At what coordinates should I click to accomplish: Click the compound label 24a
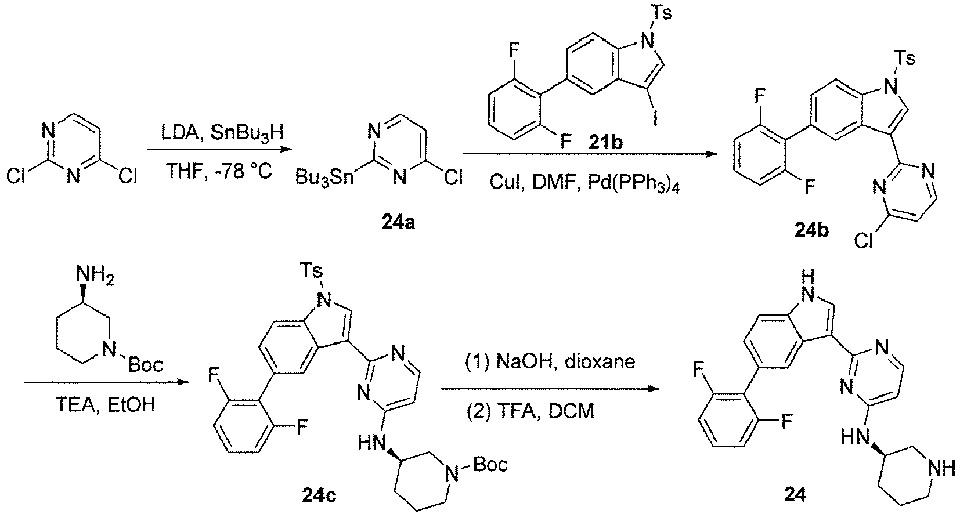click(398, 223)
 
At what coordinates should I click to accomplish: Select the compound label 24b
click(811, 230)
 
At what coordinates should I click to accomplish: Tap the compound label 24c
click(319, 495)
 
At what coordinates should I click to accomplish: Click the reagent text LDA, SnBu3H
click(222, 133)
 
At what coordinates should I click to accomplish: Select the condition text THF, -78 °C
click(219, 172)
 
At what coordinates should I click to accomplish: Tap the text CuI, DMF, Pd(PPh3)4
click(584, 183)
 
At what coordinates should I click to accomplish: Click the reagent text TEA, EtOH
click(106, 404)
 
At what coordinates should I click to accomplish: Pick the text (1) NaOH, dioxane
click(550, 362)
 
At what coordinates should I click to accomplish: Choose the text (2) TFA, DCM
click(530, 412)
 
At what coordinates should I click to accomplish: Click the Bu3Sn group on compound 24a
click(324, 178)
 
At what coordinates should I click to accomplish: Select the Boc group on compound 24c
click(490, 464)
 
